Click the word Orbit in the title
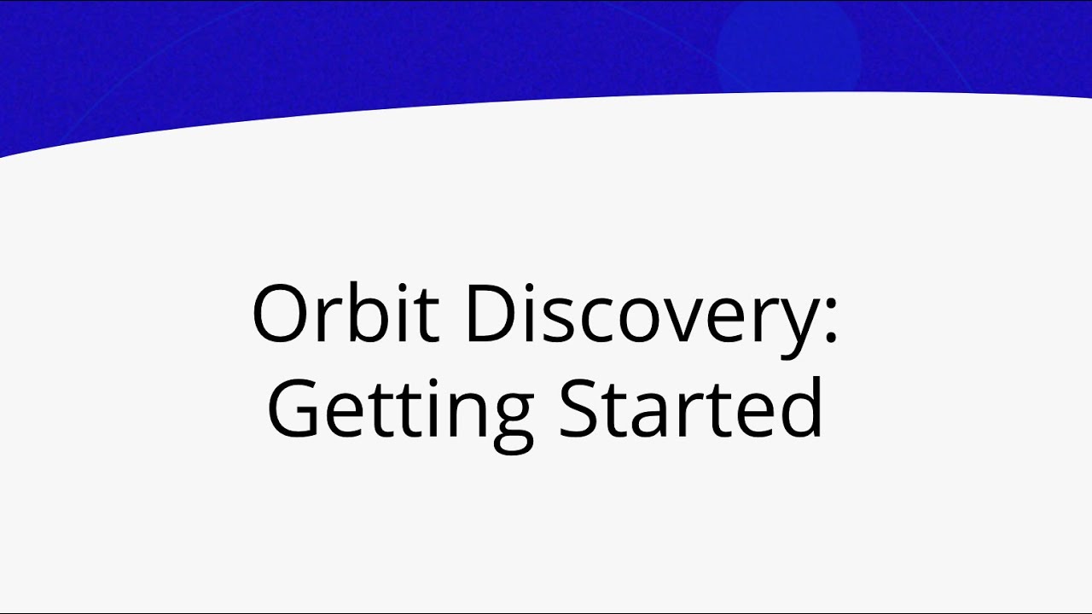pyautogui.click(x=346, y=313)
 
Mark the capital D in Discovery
pyautogui.click(x=490, y=314)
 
